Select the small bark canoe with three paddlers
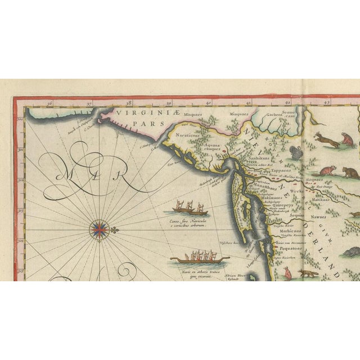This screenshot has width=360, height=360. coord(188,209)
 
